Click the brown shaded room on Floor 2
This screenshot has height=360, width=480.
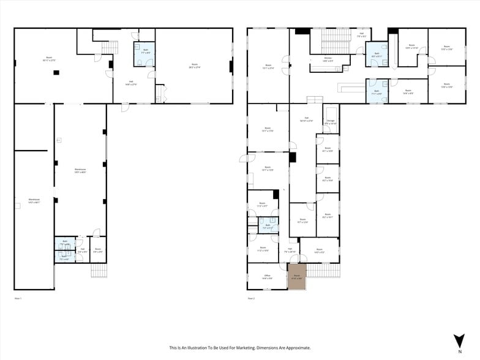click(297, 277)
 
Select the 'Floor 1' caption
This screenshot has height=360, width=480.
click(18, 298)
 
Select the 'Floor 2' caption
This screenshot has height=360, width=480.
click(251, 298)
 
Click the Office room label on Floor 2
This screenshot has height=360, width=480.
click(267, 277)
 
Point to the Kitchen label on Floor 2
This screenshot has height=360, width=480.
click(328, 59)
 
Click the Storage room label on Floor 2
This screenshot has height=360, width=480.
click(331, 122)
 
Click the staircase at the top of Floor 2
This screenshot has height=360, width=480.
click(336, 42)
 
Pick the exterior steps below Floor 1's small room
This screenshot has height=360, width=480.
click(99, 270)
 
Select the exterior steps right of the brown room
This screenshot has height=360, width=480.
click(323, 270)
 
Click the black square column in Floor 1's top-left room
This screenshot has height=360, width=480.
click(56, 73)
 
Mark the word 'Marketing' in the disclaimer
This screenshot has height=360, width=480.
click(253, 348)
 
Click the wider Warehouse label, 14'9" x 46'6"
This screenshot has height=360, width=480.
click(80, 171)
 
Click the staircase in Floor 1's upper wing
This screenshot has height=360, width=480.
click(109, 48)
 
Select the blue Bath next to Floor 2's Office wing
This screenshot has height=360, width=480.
click(268, 227)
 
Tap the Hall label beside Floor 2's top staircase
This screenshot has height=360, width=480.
click(361, 35)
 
